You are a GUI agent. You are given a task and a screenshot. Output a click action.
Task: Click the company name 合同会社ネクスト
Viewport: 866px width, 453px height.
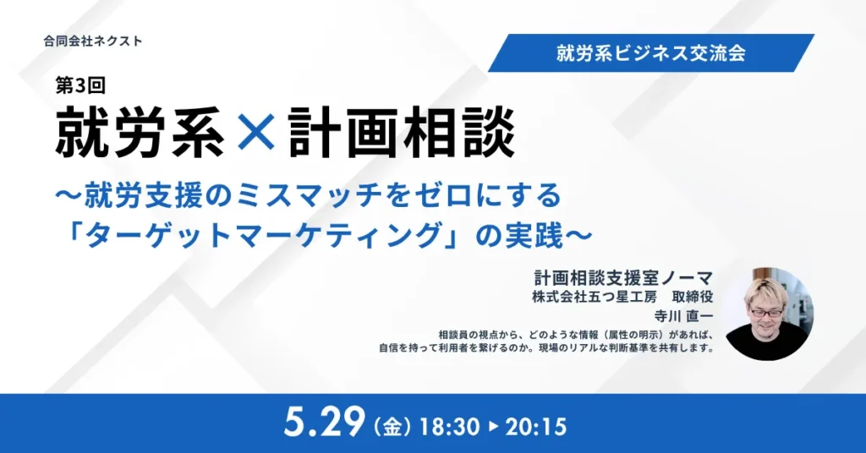click(x=93, y=41)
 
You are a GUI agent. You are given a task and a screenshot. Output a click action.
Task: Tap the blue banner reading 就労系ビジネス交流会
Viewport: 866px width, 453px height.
click(x=651, y=53)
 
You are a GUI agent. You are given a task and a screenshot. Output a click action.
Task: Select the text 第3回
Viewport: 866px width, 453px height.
click(x=80, y=85)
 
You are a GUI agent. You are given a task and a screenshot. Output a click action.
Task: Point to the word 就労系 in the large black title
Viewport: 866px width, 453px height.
click(x=140, y=133)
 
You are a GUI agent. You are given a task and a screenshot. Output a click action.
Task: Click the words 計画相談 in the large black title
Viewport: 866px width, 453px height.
click(x=402, y=133)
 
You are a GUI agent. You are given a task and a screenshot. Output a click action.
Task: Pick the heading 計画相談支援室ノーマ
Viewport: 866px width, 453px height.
click(x=623, y=277)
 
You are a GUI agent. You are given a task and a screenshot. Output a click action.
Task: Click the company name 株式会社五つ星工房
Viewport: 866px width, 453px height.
click(x=595, y=297)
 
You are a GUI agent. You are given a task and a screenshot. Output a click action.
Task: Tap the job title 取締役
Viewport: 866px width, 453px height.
click(x=693, y=297)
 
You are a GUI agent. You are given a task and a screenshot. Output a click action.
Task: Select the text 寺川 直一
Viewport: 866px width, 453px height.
click(x=683, y=316)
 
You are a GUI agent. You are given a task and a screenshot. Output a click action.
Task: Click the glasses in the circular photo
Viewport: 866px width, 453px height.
click(x=766, y=312)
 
